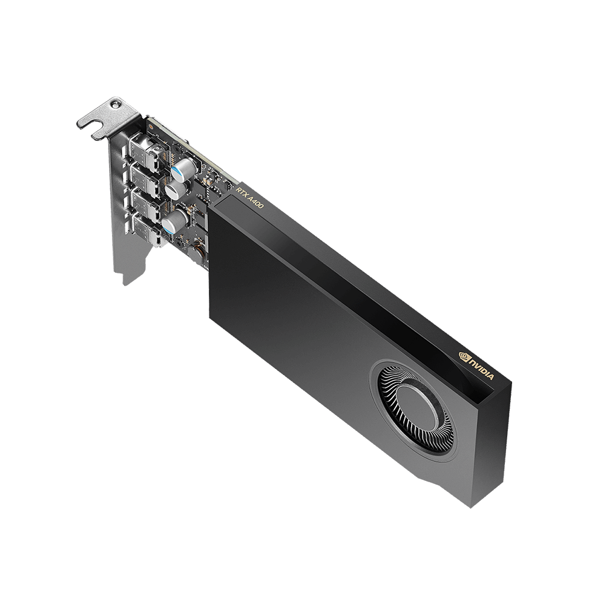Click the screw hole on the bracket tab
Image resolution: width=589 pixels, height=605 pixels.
(114, 104)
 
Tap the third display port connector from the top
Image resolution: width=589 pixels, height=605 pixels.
(146, 204)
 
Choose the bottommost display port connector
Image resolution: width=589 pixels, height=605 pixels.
(148, 230)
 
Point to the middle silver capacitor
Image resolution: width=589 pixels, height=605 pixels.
(176, 188)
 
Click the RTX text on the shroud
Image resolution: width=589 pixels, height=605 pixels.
(242, 191)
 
